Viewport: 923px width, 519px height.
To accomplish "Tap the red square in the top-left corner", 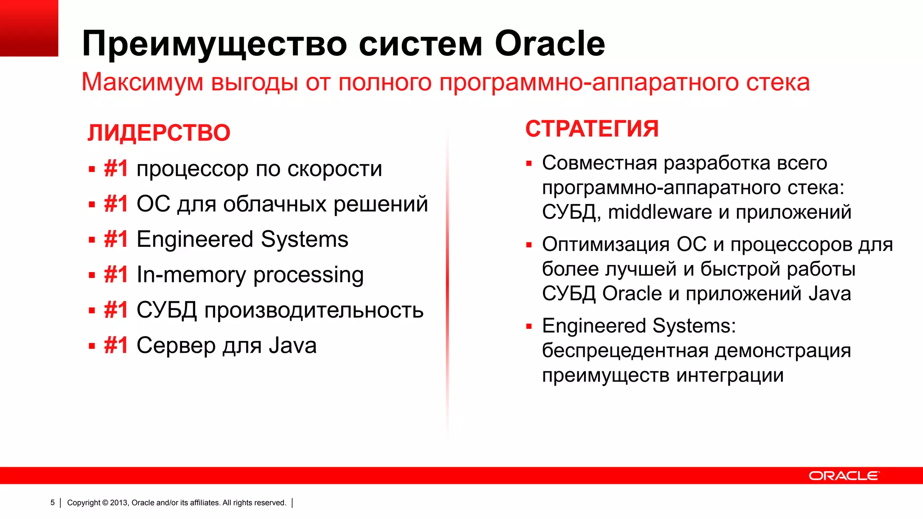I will coord(29,28).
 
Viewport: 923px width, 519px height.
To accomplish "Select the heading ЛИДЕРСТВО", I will coord(159,133).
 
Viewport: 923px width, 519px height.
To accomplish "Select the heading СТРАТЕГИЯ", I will coord(592,129).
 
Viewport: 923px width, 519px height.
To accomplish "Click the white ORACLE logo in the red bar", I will coord(843,476).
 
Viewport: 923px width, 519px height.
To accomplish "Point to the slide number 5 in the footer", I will coord(52,502).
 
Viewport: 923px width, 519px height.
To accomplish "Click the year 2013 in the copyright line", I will coord(119,503).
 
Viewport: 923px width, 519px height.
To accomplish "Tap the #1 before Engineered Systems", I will coord(116,239).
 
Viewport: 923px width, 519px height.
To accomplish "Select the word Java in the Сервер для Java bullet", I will coord(292,346).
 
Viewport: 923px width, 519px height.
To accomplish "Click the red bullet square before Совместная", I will coord(529,164).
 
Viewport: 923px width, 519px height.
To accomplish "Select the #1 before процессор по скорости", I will coord(116,168).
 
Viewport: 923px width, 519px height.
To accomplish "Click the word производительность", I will coord(314,310).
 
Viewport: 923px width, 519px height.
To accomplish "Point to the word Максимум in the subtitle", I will coord(142,82).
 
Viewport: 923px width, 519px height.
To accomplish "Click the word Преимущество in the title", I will coord(215,44).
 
